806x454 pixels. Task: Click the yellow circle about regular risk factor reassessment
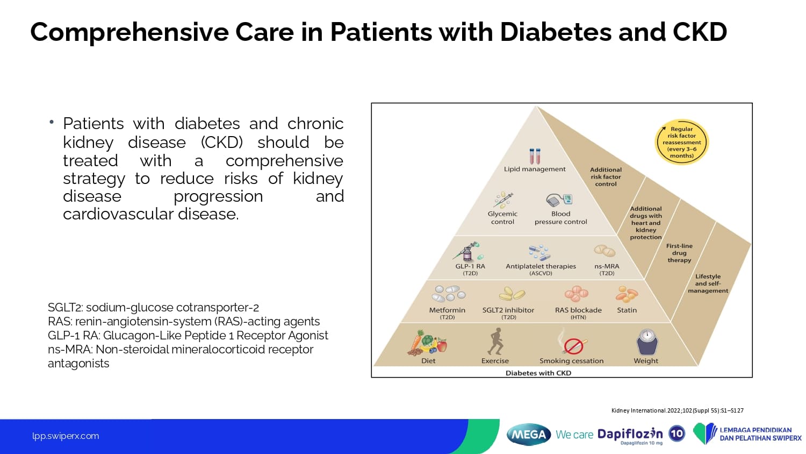[681, 142]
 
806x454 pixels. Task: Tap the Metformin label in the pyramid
[447, 310]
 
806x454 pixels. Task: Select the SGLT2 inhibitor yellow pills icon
[512, 294]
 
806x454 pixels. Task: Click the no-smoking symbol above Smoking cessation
[573, 346]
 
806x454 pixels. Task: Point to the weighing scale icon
[647, 342]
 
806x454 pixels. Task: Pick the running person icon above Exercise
[495, 341]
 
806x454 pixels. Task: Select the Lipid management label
[534, 169]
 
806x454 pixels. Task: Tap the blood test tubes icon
[535, 156]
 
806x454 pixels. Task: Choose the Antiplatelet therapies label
[541, 266]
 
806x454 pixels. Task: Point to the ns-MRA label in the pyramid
[607, 266]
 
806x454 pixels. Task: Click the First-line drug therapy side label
[679, 253]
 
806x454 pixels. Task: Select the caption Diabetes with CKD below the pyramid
[538, 373]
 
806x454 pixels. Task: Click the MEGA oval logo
[529, 435]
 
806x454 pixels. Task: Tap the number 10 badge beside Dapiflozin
[677, 434]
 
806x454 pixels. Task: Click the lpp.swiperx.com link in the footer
[66, 436]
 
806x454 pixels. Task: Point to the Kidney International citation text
[677, 410]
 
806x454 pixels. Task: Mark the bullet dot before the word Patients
[52, 122]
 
